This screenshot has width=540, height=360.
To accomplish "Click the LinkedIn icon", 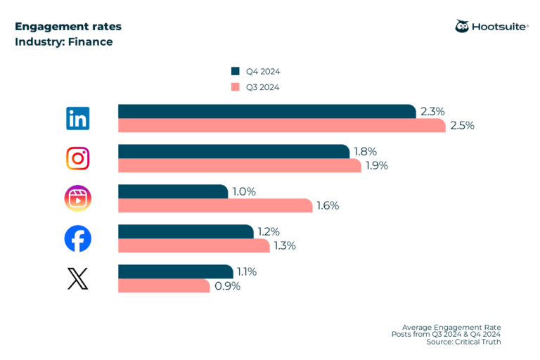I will [77, 118].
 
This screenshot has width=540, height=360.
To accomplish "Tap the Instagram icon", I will [77, 158].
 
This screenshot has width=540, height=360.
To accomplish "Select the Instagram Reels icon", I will [77, 198].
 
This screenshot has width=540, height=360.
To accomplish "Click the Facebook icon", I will [77, 239].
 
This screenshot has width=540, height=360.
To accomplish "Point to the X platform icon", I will [77, 279].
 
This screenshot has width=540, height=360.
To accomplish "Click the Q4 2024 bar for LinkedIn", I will [266, 111].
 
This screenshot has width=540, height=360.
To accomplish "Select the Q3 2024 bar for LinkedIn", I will [281, 125].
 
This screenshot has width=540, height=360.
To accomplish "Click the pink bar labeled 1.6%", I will [214, 205].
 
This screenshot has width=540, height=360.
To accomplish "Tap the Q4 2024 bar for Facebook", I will [186, 231].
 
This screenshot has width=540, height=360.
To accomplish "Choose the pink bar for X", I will [164, 286].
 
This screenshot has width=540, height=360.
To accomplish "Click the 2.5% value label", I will [463, 126].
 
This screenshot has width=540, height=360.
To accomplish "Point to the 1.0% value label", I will [245, 191].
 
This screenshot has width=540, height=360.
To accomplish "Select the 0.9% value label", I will [226, 286].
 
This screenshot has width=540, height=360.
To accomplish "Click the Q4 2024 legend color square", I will [235, 71].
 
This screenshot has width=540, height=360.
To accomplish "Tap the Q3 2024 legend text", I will [263, 87].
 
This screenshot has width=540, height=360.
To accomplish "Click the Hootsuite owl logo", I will [463, 27].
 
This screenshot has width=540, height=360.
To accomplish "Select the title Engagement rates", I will [67, 27].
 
